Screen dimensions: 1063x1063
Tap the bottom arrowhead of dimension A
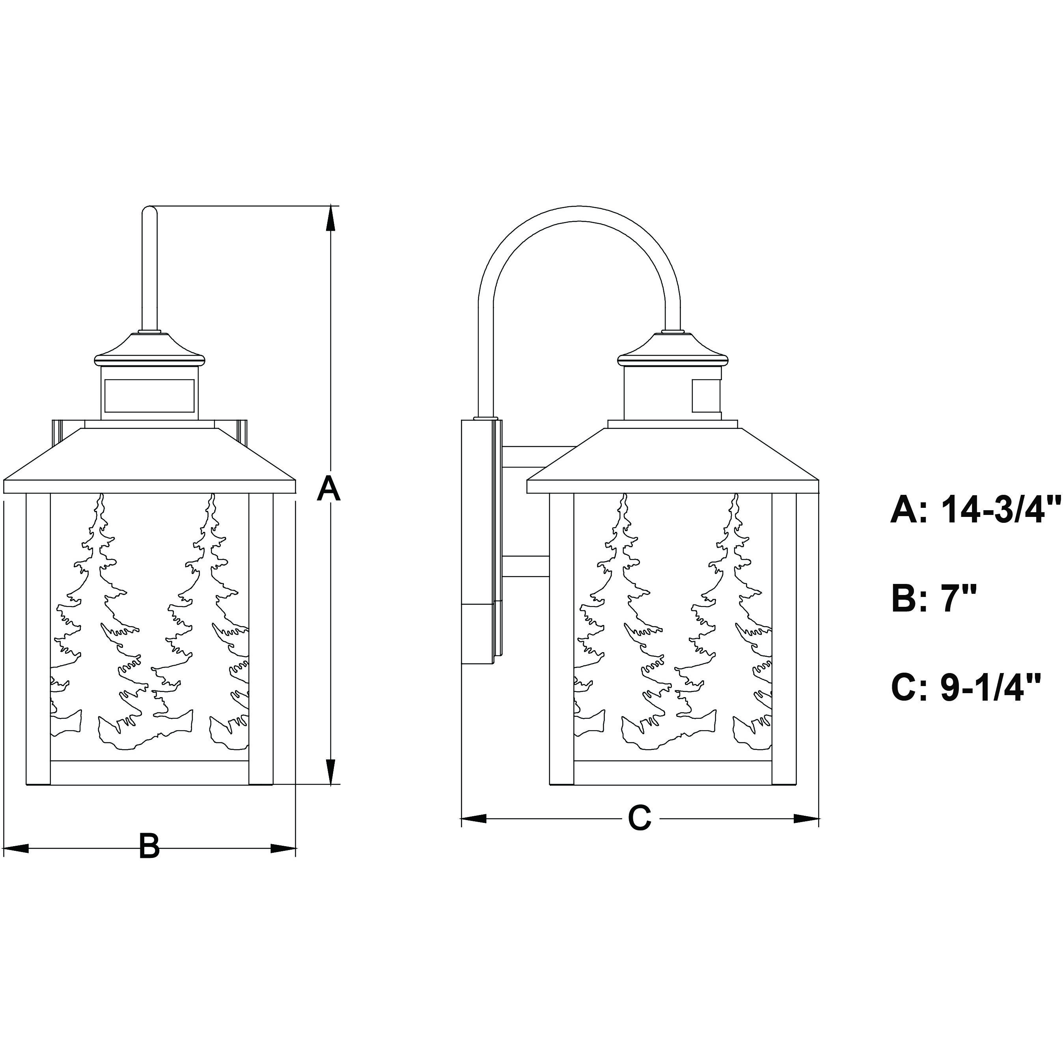pos(330,771)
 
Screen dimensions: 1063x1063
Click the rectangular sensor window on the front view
pos(149,395)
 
